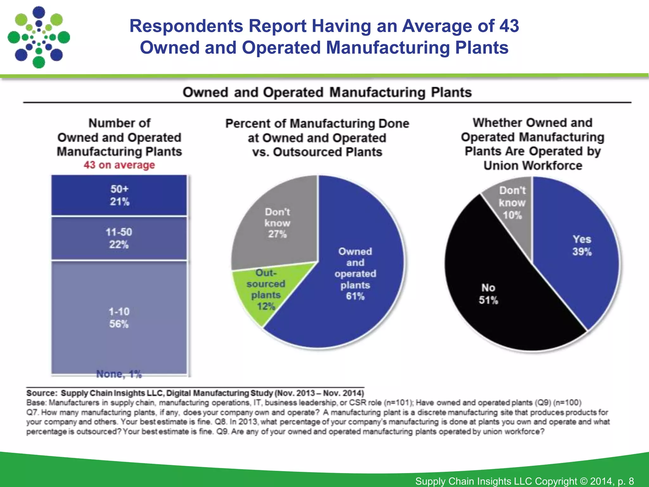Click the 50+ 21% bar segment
pos(119,195)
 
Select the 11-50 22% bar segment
pos(119,238)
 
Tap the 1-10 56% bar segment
pos(119,317)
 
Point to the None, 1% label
pos(119,374)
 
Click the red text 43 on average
pos(119,165)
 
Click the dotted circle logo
pos(39,37)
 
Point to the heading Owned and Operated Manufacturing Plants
pos(327,93)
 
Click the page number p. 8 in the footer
pos(626,481)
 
